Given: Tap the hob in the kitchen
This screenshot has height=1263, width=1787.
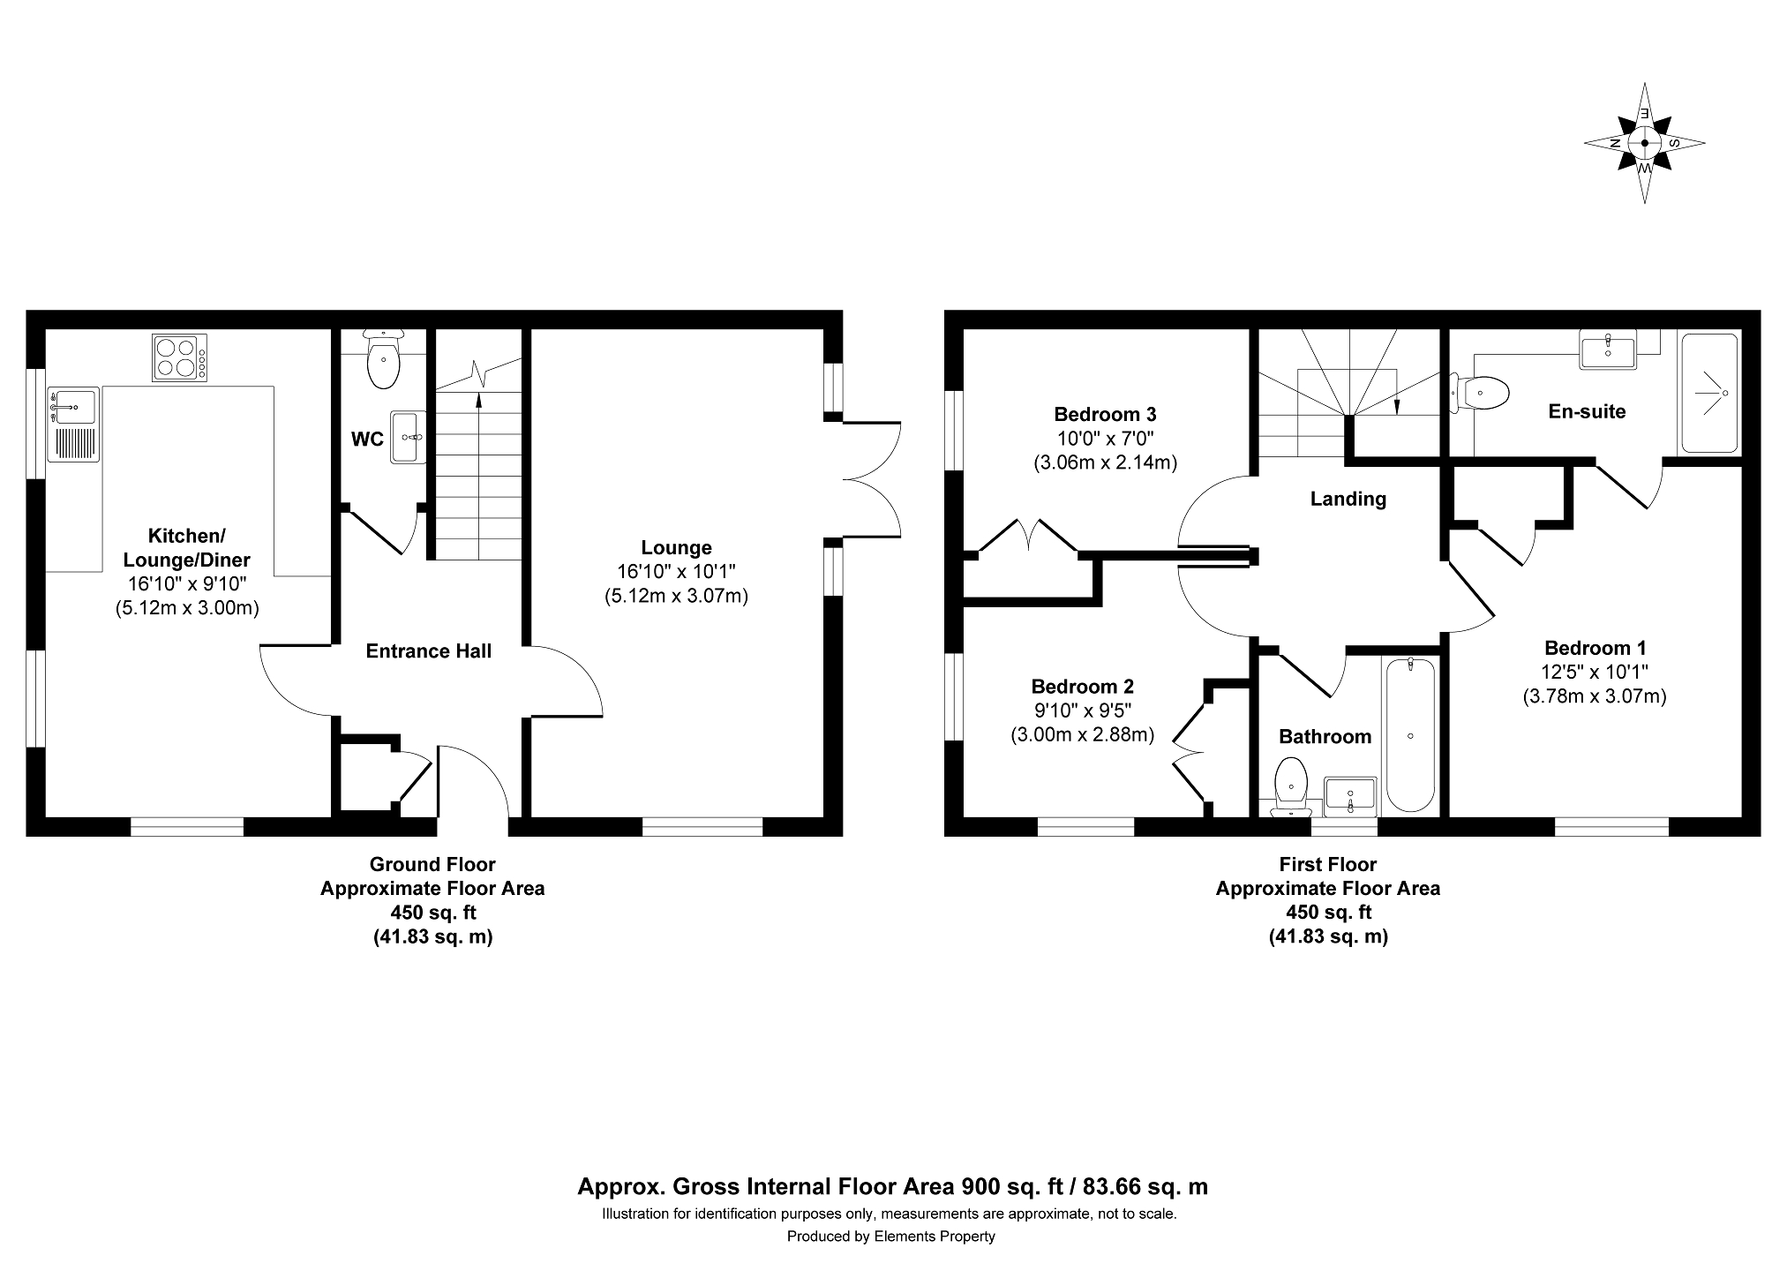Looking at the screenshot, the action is click(x=180, y=357).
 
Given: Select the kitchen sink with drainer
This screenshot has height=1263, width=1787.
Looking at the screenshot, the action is click(x=74, y=424).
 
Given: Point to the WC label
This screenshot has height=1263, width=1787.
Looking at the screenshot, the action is click(x=367, y=439).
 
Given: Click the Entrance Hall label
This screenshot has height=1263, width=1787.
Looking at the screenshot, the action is click(x=429, y=651).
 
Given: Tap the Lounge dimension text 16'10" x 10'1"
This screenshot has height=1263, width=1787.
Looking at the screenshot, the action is click(x=676, y=572).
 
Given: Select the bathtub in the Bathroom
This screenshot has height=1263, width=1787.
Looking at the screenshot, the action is click(x=1410, y=734).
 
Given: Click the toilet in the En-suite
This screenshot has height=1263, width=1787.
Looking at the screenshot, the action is click(x=1479, y=392).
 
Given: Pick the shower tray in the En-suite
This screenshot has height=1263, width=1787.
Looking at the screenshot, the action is click(x=1709, y=392).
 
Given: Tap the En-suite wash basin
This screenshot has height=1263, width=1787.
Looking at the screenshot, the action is click(x=1608, y=349).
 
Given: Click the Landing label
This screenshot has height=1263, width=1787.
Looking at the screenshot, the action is click(x=1348, y=500).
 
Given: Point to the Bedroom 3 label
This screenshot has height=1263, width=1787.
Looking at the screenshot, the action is click(x=1105, y=414).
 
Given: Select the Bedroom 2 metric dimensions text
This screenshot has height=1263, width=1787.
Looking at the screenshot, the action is click(x=1083, y=734).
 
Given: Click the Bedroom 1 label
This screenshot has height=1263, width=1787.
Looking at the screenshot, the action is click(x=1595, y=648).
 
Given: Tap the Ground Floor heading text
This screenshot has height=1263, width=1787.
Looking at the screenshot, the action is click(x=432, y=865).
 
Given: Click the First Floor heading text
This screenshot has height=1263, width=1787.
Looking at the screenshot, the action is click(x=1328, y=865).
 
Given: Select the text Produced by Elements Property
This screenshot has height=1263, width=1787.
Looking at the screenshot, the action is click(x=891, y=1237).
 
